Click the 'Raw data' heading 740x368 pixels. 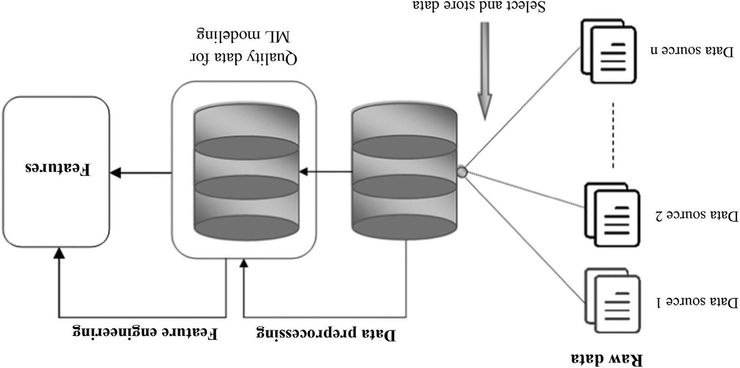(x=607, y=358)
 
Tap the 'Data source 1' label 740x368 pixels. (x=698, y=302)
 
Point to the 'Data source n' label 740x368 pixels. (x=692, y=50)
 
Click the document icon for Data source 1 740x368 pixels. (x=612, y=300)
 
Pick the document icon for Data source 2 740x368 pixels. (x=612, y=214)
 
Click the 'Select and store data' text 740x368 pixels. (x=479, y=6)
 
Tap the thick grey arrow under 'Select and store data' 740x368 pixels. (x=485, y=71)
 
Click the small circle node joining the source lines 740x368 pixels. (x=461, y=172)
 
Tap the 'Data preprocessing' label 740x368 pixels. (x=326, y=334)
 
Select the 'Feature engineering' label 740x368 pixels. (x=145, y=332)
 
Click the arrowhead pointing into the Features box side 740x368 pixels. (x=116, y=173)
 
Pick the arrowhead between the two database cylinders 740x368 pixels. (x=303, y=172)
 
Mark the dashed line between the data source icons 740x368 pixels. (x=613, y=135)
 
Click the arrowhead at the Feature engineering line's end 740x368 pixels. (x=59, y=253)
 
